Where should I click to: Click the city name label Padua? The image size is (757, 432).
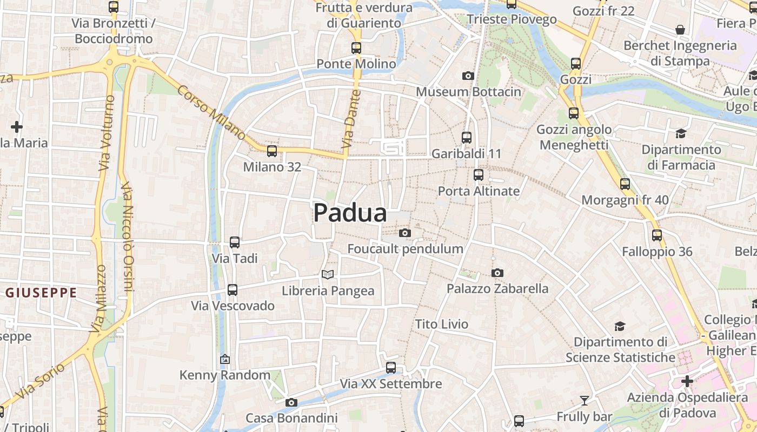coord(350,213)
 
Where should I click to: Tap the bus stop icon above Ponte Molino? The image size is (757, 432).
coord(356,48)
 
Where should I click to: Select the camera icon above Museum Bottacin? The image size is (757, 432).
coord(468,76)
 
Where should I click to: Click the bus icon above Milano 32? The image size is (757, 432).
coord(272,151)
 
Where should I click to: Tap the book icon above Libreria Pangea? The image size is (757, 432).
coord(328,274)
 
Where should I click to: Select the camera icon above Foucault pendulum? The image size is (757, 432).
coord(404,233)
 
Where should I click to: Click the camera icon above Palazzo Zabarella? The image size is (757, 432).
coord(497,273)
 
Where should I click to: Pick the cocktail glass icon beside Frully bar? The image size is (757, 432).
coord(585,401)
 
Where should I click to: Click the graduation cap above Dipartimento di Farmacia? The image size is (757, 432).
coord(681,133)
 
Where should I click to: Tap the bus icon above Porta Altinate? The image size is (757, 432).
coord(479,175)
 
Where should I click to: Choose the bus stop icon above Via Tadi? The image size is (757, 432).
coord(235,242)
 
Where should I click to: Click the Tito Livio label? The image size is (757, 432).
coord(441,324)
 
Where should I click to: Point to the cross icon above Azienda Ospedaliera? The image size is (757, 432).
coord(687,381)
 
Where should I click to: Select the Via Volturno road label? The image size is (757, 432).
coord(107,133)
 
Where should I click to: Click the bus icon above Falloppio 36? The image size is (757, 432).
coord(657,235)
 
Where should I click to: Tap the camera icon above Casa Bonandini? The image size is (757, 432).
coord(291,402)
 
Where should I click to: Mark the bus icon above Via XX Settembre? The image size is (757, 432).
coord(391,368)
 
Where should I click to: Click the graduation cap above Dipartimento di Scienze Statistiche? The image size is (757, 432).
coord(620,326)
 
